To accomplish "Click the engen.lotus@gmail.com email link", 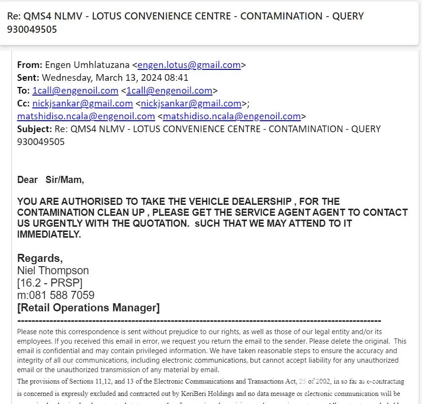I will coord(189,65).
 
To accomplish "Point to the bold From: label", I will coord(30,65).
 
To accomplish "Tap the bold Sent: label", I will coord(29,78).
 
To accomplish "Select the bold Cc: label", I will coord(24,104).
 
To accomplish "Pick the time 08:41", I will coord(177,78).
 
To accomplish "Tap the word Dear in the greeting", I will coord(27,180).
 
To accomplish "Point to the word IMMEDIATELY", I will coord(49,234).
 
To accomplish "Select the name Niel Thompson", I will coord(53,271).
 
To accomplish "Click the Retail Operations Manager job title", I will coord(89,308).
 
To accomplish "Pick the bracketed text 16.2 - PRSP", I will coord(50,283).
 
